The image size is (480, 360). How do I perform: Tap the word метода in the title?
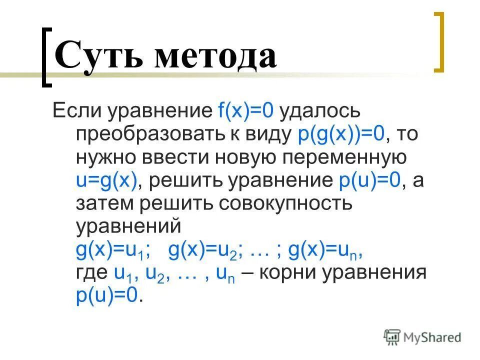click(x=214, y=56)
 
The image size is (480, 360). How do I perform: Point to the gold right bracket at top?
click(x=438, y=42)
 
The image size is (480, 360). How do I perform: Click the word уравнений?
click(x=128, y=227)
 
